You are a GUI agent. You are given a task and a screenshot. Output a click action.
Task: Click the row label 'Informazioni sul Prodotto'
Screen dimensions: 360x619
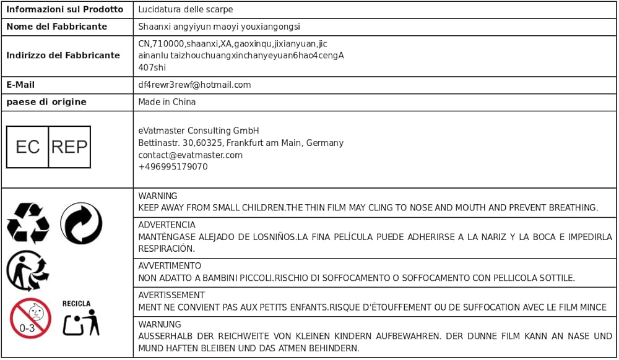(x=65, y=9)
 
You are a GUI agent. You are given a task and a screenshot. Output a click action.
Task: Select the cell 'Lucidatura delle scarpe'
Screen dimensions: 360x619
(x=185, y=10)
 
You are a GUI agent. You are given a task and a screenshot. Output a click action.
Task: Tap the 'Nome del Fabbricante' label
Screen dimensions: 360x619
(x=57, y=27)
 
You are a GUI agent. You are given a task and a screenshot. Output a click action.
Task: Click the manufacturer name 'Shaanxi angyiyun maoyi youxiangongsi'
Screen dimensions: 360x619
(x=219, y=27)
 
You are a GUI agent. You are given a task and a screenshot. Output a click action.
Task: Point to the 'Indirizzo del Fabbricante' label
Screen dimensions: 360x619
(x=63, y=56)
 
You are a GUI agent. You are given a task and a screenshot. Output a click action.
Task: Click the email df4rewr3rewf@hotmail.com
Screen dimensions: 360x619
(x=194, y=85)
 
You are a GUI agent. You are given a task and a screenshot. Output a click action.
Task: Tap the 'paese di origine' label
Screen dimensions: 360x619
(x=46, y=102)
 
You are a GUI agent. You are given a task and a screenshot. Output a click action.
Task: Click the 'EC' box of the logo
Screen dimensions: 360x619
(x=28, y=147)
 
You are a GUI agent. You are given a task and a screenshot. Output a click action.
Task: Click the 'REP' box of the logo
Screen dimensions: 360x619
(x=69, y=147)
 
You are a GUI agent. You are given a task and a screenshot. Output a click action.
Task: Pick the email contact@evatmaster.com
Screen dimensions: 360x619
(x=190, y=155)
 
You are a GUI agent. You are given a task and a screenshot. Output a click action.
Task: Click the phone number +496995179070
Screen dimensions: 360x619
(x=173, y=167)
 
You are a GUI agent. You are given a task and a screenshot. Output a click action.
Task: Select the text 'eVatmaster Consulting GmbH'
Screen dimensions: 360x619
(x=198, y=131)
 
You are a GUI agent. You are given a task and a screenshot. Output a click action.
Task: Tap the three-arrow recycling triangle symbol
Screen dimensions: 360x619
(x=28, y=223)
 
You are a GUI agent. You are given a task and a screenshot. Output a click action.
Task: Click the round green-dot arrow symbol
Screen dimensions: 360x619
(x=81, y=223)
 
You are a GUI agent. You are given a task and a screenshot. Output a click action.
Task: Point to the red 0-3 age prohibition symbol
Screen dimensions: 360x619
(x=29, y=318)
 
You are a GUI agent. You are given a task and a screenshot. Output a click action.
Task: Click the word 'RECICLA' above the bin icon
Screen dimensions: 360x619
(x=77, y=304)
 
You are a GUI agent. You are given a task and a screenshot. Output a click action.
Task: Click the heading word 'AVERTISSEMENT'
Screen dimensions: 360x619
(x=171, y=296)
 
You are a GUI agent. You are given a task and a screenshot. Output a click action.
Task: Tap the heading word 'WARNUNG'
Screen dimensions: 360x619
(x=160, y=325)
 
